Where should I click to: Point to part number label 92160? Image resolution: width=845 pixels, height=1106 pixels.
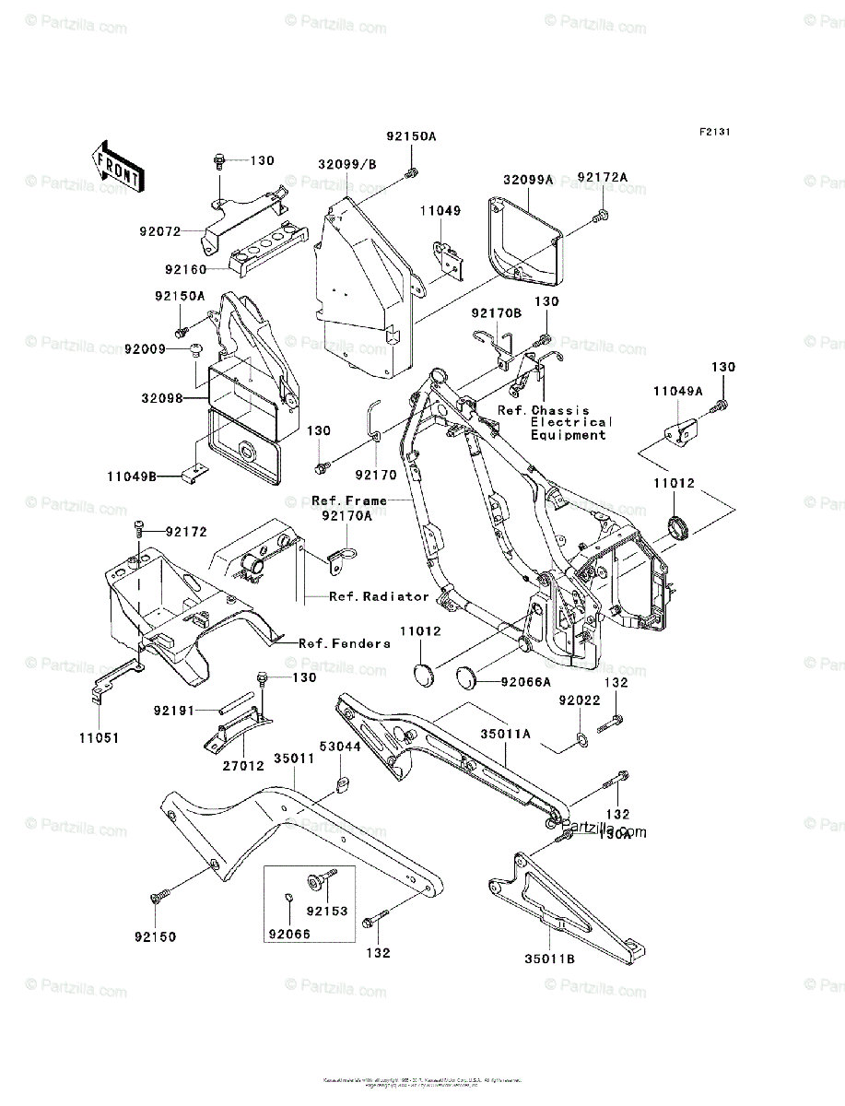point(184,269)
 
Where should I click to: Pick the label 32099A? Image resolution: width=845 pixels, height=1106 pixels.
point(528,180)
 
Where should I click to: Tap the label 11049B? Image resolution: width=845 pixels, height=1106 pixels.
point(132,477)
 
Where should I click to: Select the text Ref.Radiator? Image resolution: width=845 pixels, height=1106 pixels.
point(380,596)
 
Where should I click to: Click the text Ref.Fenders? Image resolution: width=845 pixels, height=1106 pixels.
point(345,643)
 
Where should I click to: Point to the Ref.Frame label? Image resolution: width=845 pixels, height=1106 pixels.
point(349,500)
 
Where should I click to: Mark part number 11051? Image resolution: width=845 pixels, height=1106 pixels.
point(99,738)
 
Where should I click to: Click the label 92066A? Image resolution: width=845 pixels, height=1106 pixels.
point(526,683)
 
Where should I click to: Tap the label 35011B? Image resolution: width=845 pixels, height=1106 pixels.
point(550,959)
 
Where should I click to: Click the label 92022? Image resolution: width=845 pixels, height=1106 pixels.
point(579,701)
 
